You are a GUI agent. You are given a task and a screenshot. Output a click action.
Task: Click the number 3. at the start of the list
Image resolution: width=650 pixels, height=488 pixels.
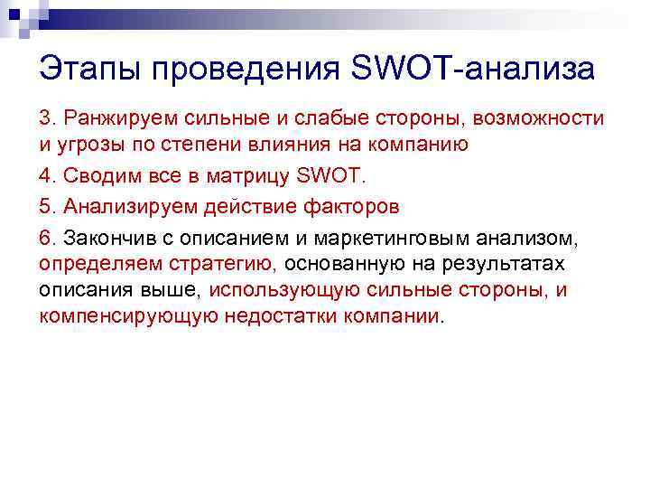pos(47,119)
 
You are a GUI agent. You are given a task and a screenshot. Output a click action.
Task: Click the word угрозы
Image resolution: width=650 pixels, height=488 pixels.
pos(87,145)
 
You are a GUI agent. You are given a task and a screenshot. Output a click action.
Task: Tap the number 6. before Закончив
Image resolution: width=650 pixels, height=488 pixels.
pos(47,238)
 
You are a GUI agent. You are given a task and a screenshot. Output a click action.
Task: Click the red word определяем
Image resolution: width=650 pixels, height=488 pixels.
pos(97,264)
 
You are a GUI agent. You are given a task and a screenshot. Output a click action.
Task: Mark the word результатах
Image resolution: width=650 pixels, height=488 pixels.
pos(513,264)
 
